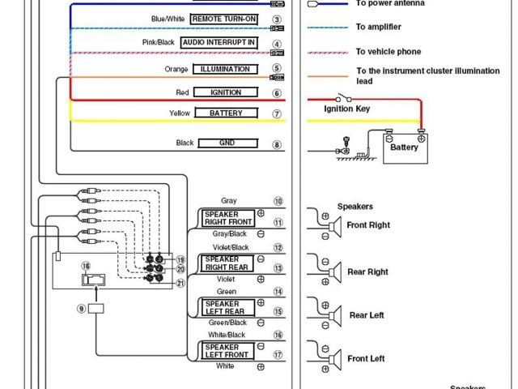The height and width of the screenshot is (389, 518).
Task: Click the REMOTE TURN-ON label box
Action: pos(224,18)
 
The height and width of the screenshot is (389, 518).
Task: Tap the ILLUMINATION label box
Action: pos(225,69)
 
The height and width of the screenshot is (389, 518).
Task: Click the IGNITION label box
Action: pos(226,92)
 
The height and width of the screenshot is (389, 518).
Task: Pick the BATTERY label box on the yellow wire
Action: pos(226,113)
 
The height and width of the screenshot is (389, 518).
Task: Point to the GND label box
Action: pos(227,143)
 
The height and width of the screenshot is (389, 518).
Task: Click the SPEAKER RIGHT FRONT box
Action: pos(229,217)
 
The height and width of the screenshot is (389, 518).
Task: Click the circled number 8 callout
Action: pos(277,144)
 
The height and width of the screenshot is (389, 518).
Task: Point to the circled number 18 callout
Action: pos(86,265)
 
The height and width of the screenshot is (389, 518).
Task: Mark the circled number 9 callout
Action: pos(81,308)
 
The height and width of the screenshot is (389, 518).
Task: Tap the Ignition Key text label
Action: pos(347,108)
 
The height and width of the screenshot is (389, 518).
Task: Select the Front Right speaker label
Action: pos(368,224)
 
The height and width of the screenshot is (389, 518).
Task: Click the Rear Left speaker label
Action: pos(367,315)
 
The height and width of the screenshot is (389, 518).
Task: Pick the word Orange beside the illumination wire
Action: pos(176,69)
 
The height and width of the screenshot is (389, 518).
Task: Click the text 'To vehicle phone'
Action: pos(388,52)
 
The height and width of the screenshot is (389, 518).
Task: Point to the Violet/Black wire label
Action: pos(231,247)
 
